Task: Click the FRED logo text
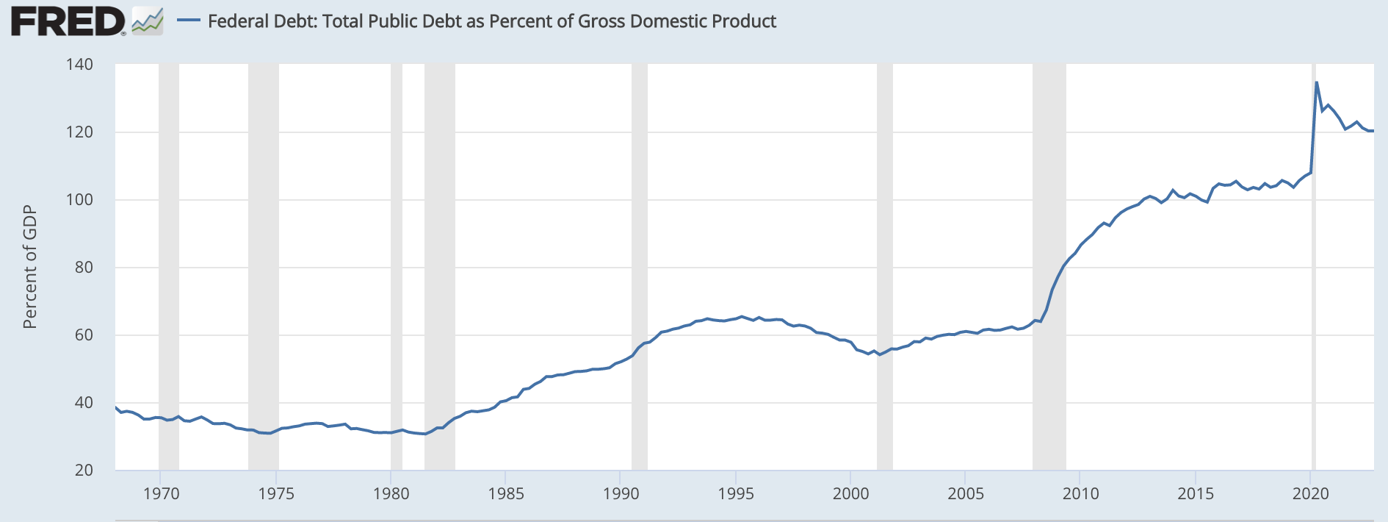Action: (x=68, y=21)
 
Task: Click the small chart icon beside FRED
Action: (x=148, y=21)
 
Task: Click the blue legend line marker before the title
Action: (x=189, y=21)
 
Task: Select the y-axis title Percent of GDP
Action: (x=29, y=267)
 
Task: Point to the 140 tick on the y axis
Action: (x=79, y=65)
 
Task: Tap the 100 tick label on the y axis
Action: (x=79, y=200)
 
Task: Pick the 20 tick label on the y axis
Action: (x=84, y=471)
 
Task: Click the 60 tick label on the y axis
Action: (x=84, y=335)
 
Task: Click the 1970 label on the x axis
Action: (x=161, y=494)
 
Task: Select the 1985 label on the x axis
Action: (x=506, y=494)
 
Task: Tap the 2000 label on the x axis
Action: (x=850, y=494)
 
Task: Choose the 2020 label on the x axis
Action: (x=1311, y=494)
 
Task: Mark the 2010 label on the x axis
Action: (x=1080, y=494)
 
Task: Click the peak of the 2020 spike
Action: (x=1317, y=82)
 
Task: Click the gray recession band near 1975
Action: (x=263, y=265)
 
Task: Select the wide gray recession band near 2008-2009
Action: (x=1049, y=265)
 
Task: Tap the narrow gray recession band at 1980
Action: (x=397, y=265)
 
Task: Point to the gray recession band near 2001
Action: (x=884, y=265)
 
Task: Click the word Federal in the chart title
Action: (x=235, y=21)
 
